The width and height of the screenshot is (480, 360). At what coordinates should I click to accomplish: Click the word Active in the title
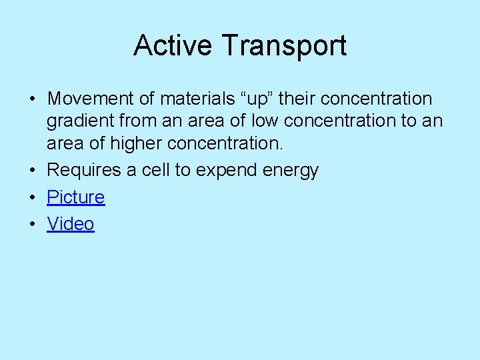(173, 46)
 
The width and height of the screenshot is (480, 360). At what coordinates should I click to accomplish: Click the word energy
(292, 170)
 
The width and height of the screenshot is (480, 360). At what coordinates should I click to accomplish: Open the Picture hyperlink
(75, 197)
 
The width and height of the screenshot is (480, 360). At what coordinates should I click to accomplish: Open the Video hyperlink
(70, 224)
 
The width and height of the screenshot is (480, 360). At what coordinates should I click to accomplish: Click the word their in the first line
(297, 99)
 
